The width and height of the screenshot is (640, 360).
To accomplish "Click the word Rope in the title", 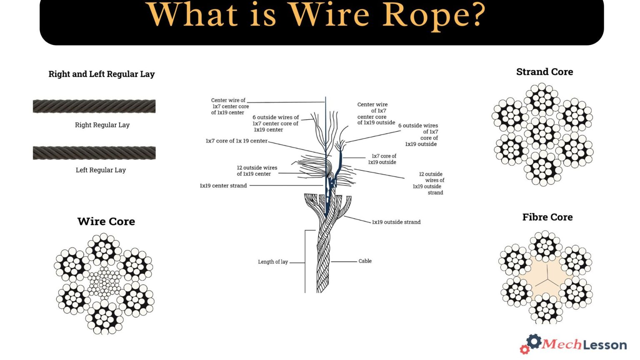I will (x=434, y=15).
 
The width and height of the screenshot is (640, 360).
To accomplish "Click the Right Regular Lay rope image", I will (x=94, y=106).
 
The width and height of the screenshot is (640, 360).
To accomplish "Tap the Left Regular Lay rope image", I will (x=94, y=153).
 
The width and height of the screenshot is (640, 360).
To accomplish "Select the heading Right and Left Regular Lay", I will (x=102, y=74).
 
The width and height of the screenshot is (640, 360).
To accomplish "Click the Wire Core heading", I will (x=106, y=221).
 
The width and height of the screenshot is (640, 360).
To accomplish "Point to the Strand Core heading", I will (x=545, y=72).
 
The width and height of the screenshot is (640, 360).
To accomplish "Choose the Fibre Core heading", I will (x=547, y=217).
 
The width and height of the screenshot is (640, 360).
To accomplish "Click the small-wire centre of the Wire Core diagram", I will (x=104, y=283).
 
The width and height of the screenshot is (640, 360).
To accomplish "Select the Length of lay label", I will (x=273, y=262).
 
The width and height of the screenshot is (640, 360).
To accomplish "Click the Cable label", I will (x=365, y=261).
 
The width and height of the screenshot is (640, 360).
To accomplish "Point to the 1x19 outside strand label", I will (x=396, y=222).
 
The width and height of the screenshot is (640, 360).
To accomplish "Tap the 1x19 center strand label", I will (x=223, y=186).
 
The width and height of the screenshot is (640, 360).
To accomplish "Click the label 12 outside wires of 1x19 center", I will (x=257, y=171).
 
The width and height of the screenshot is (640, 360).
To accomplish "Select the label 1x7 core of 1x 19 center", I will (x=236, y=141).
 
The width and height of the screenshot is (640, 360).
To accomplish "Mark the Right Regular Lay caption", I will (x=102, y=125).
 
